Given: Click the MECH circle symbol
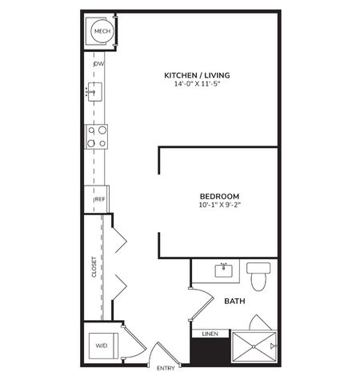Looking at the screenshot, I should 102,32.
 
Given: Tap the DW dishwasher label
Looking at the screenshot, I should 98,64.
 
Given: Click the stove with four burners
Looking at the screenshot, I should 97,137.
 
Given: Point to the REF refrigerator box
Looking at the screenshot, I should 100,199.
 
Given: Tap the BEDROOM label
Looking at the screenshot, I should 218,196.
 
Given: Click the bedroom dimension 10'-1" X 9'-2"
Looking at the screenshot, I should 218,205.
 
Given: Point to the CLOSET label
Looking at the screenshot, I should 94,266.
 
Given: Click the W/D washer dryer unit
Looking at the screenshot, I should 102,345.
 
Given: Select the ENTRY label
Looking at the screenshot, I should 166,368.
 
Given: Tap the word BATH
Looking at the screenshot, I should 234,301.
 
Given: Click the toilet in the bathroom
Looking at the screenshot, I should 258,277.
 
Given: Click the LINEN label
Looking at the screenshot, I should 210,333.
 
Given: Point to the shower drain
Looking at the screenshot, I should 253,346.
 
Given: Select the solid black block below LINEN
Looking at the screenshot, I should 210,350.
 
